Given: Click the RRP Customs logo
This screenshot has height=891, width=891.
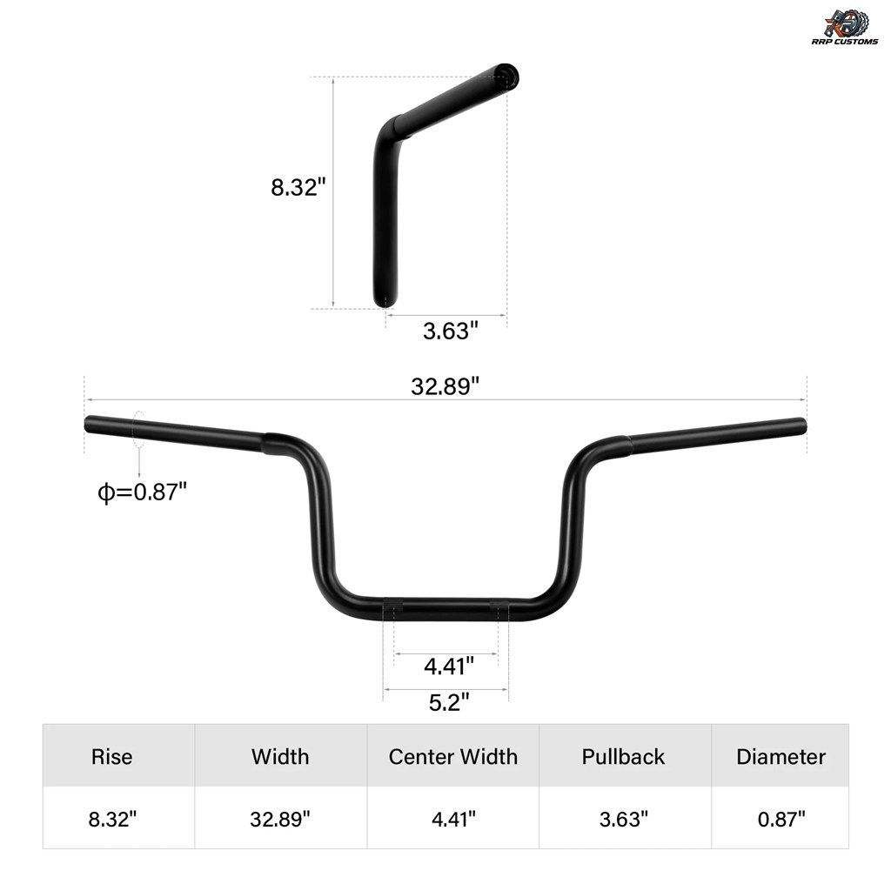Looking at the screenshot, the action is (845, 27).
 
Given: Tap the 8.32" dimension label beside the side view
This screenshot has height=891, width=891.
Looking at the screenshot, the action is (298, 187).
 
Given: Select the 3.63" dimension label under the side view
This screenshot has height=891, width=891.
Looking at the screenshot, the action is (451, 331).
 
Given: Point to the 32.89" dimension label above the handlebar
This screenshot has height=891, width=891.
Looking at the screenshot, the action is (445, 386).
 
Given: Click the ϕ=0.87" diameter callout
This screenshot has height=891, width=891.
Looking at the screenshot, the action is (143, 492).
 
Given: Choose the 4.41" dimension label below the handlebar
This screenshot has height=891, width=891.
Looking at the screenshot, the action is (449, 666).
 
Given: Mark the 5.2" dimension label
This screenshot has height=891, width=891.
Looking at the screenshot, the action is (449, 702).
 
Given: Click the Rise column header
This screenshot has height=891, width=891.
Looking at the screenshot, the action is (112, 757).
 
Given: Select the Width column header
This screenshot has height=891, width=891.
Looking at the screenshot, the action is (280, 757).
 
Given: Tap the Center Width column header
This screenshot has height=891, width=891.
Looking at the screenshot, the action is (452, 757).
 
